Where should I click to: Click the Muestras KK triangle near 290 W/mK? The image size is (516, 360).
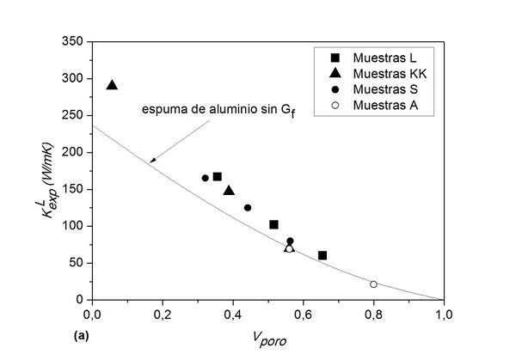coord(112,84)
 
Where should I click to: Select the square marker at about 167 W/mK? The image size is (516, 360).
coord(217,176)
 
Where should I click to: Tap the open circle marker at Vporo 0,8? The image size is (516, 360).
coord(373,284)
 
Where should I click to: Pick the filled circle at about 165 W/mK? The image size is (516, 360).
coord(206,178)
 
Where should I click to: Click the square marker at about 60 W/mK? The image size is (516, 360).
coord(322,255)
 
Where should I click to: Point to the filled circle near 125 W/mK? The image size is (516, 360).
coord(248,207)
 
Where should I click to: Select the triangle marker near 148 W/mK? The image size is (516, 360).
coord(229,190)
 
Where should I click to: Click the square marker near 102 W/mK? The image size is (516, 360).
coord(273,224)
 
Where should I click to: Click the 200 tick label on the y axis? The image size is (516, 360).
coord(75,152)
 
